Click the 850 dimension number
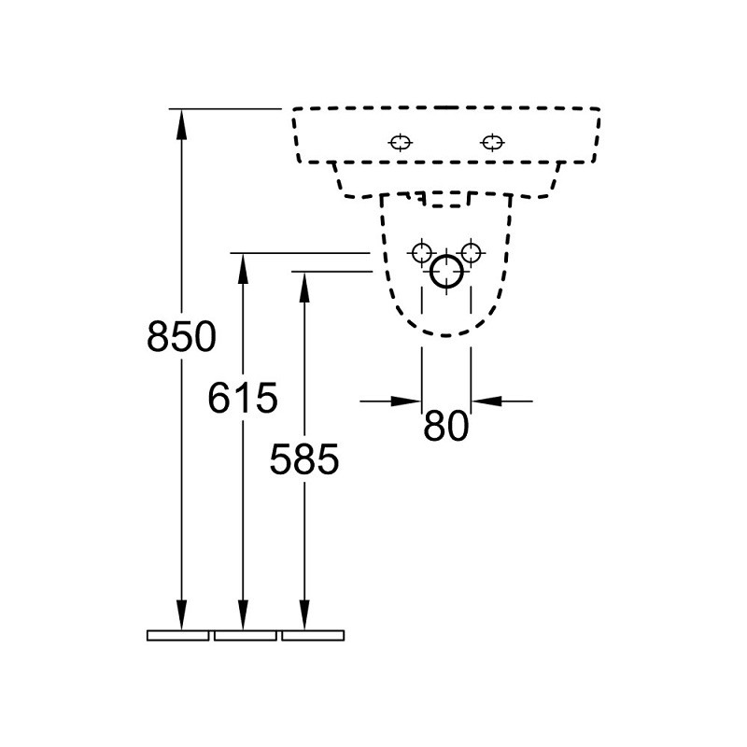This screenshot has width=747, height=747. tap(181, 336)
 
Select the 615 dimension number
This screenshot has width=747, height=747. tap(243, 398)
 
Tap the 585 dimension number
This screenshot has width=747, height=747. tap(304, 458)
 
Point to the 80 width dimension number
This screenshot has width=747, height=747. tap(446, 426)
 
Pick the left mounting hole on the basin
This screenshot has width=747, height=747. tap(401, 143)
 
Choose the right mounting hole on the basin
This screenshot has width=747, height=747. tap(492, 143)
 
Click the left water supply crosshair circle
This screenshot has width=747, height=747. tap(422, 253)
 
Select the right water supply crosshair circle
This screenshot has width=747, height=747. tap(472, 253)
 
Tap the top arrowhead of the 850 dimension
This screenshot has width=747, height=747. tap(181, 124)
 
